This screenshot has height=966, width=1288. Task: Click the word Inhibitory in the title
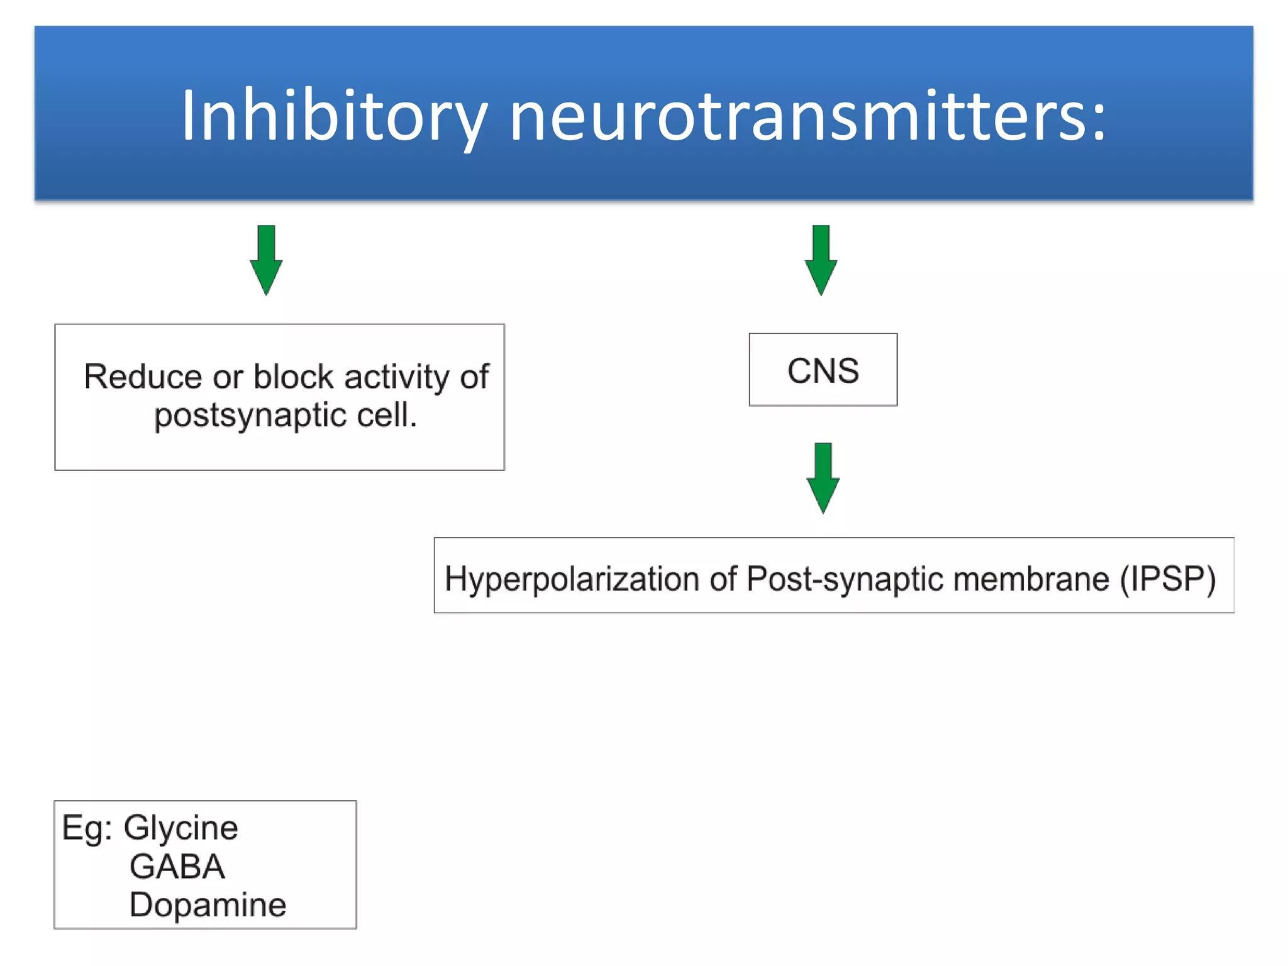click(334, 116)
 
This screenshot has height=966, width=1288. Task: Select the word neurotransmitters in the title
click(799, 116)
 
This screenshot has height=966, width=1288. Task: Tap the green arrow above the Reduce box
click(266, 260)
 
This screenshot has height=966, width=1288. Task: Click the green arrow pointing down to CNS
click(821, 260)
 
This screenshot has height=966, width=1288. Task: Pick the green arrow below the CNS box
click(823, 477)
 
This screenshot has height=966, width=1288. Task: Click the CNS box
click(823, 370)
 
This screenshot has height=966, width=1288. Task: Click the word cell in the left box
click(386, 416)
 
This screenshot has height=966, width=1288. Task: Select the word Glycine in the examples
click(181, 828)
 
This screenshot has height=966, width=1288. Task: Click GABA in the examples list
click(177, 867)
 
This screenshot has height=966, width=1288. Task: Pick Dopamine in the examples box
click(208, 905)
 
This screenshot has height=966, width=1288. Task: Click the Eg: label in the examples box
click(87, 828)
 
